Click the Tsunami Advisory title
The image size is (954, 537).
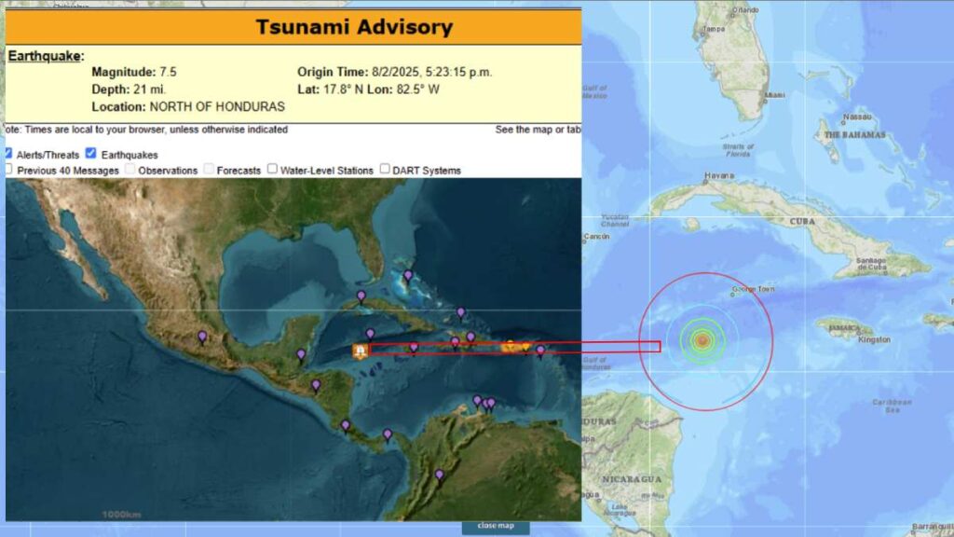click(354, 27)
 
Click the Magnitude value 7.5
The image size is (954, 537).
click(168, 72)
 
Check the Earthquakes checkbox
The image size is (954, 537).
click(91, 154)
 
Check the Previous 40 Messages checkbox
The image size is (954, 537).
click(8, 170)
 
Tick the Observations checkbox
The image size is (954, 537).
click(130, 170)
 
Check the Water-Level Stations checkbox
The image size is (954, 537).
click(273, 170)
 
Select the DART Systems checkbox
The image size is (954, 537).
click(385, 170)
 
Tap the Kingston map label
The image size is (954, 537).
click(874, 339)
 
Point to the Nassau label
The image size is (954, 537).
click(856, 117)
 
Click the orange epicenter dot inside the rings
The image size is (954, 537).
click(703, 341)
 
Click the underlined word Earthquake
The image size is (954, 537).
click(43, 56)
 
